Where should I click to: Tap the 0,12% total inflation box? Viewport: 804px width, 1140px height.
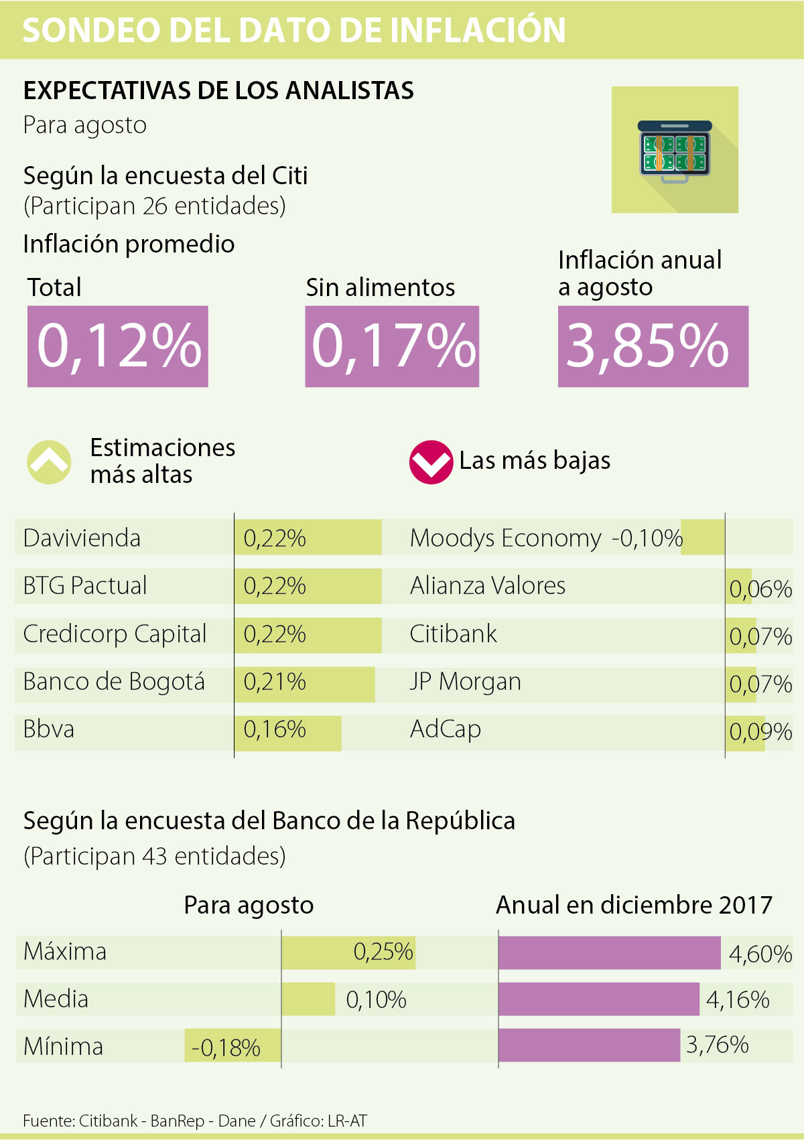pos(118,346)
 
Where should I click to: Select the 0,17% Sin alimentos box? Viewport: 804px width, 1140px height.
pos(392,346)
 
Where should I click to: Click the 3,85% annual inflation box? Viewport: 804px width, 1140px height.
pos(653,346)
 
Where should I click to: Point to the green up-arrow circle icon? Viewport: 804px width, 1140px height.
pos(50,462)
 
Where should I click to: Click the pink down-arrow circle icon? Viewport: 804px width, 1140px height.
pos(431,462)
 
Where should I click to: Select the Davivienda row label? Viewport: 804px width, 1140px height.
pos(82,538)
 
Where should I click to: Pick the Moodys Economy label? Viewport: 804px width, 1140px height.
pos(505,538)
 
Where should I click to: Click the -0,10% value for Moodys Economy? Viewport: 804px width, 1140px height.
pos(647,538)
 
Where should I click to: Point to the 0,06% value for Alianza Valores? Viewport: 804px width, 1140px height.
pos(760,589)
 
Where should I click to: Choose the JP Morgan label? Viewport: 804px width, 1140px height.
pos(465,682)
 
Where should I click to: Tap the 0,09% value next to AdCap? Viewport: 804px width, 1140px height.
pos(760,731)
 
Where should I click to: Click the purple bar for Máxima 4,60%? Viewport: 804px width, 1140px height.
pos(609,952)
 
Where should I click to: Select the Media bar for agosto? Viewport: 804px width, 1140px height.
pos(308,999)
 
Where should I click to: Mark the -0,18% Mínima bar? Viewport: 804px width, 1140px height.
pos(232,1046)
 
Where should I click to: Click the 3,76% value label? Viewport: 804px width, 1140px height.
pos(717,1045)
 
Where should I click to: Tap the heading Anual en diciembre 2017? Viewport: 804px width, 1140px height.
pos(634,905)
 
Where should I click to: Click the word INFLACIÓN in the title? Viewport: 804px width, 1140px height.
pos(478,30)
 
